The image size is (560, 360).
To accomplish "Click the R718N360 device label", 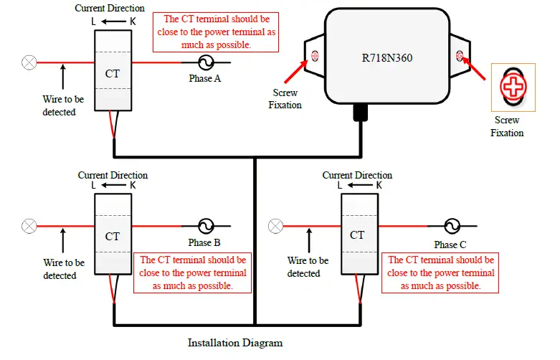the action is (387, 58).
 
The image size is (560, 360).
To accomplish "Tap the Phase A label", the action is (205, 79).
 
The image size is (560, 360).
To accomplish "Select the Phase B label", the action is (204, 243).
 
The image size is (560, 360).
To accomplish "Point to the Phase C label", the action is (450, 245).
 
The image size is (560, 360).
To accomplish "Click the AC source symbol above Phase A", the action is (206, 62).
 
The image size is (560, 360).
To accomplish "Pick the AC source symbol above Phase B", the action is (206, 226).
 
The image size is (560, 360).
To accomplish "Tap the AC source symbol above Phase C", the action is (452, 226).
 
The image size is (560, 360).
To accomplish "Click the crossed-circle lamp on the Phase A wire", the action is (29, 63).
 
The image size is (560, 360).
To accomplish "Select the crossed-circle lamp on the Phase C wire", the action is (275, 226).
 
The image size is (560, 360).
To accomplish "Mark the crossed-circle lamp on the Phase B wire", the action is (29, 226).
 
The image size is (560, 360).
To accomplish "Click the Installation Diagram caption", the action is (235, 343).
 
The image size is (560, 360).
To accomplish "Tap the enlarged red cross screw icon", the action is (513, 87).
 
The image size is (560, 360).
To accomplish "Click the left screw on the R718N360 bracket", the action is (315, 56).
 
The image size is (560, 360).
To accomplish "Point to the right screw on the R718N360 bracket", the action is (460, 56).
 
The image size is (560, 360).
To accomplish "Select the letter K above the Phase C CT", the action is (379, 185).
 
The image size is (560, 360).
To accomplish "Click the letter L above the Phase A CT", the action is (93, 22).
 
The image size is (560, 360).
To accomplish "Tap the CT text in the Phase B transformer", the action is (113, 237).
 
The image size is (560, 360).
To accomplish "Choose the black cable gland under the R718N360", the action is (361, 113).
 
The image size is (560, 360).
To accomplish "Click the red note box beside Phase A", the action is (216, 32).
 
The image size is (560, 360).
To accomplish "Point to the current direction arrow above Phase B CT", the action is (114, 185).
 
